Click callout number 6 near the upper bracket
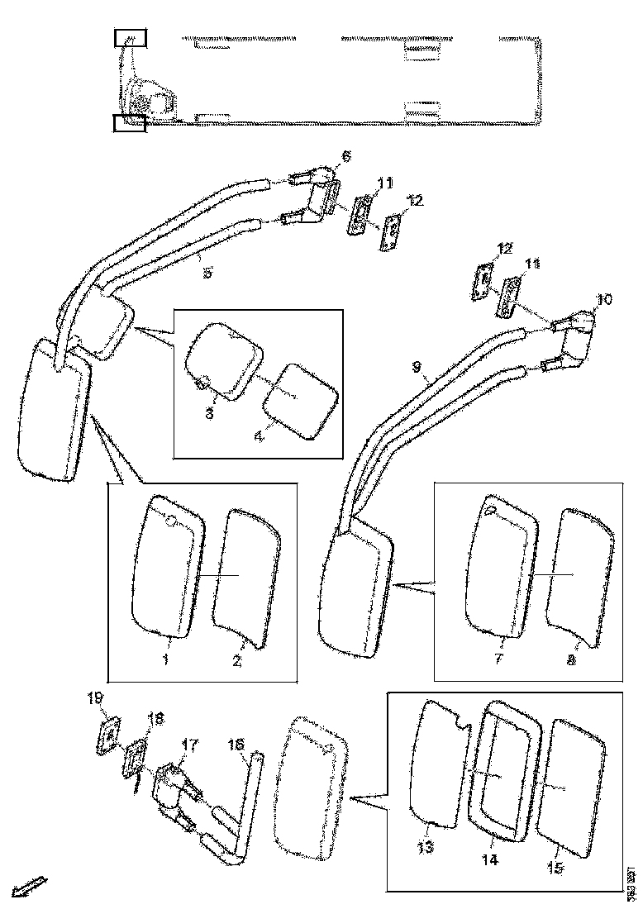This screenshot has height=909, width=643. tap(345, 156)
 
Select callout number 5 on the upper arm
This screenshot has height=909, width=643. tap(207, 272)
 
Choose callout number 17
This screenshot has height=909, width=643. tap(189, 745)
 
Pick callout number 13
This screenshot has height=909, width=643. tap(425, 847)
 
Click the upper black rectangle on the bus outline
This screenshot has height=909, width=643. tap(130, 37)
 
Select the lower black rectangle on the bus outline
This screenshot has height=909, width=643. tap(129, 123)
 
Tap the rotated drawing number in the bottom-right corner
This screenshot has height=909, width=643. tap(630, 883)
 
